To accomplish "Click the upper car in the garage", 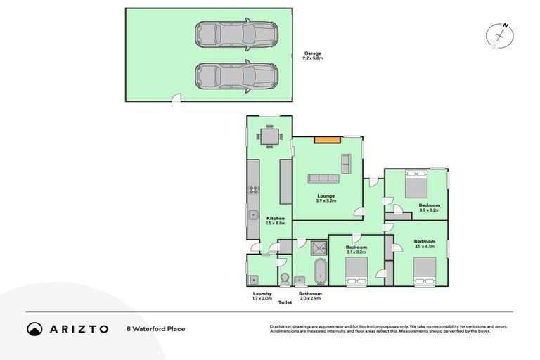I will [x=236, y=33].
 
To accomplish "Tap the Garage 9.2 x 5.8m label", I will [x=313, y=56].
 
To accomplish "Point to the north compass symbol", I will [x=501, y=34].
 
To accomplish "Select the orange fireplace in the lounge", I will [x=324, y=140].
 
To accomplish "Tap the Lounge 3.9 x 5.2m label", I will [x=326, y=198].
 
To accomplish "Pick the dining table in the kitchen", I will [x=269, y=136].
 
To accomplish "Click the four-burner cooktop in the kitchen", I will [x=253, y=191].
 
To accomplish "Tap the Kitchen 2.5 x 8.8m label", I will [x=276, y=221].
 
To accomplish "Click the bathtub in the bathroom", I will [x=320, y=270].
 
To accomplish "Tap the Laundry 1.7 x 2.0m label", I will [x=262, y=296].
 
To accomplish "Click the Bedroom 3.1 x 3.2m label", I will [x=356, y=250].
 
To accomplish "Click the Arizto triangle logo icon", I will [x=34, y=328].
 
